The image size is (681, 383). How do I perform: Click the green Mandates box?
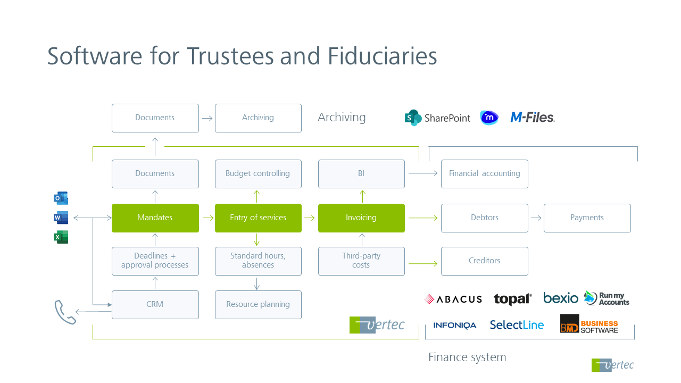155,218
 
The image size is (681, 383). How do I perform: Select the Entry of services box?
258,218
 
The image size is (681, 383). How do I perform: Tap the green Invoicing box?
361,218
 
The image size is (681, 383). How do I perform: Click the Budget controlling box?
258,173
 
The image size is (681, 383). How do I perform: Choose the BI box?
361,173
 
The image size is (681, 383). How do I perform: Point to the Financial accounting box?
484,173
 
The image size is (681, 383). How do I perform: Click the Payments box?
587,218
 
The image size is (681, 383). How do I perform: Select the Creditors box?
484,261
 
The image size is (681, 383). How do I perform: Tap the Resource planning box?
258,304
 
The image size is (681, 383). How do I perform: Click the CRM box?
155,304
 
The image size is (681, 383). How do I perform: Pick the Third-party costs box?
361,261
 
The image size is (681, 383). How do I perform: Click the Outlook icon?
61,198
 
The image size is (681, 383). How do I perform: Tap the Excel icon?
61,237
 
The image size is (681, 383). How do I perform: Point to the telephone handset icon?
65,312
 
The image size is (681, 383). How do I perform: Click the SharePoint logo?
437,118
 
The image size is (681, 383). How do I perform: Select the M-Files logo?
532,118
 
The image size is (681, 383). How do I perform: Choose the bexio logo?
560,298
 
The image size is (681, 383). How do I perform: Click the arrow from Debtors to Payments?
536,218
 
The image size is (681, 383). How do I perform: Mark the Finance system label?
467,357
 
